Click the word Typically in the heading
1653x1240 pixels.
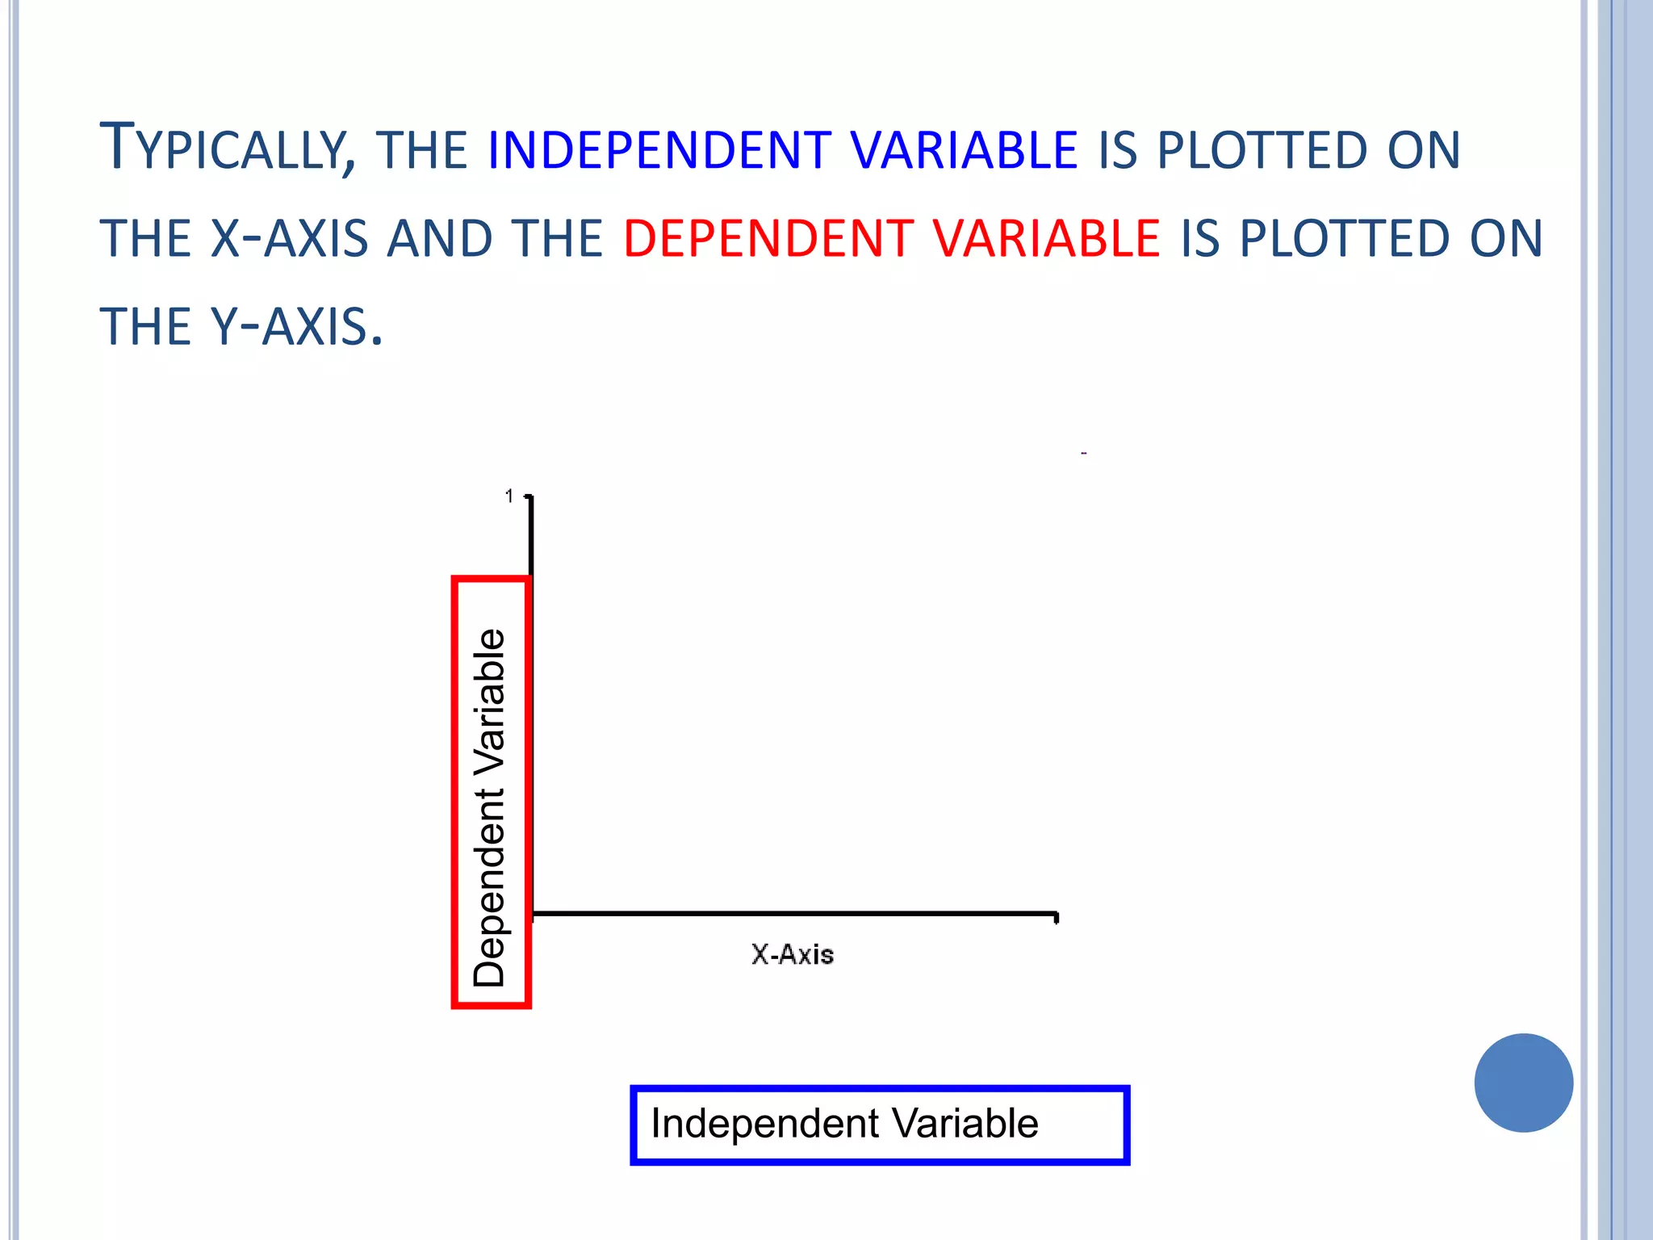click(x=227, y=150)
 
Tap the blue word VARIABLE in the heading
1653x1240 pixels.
click(x=964, y=150)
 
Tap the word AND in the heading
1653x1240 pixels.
click(x=440, y=239)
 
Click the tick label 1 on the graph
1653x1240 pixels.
click(x=508, y=496)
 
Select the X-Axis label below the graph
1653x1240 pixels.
click(x=793, y=955)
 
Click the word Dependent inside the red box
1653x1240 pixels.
click(x=490, y=887)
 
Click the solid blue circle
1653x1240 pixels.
click(x=1523, y=1083)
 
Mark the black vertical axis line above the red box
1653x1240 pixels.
click(x=530, y=537)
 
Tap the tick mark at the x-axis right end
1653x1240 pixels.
click(x=1057, y=918)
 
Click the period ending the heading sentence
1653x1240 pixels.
click(x=376, y=341)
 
